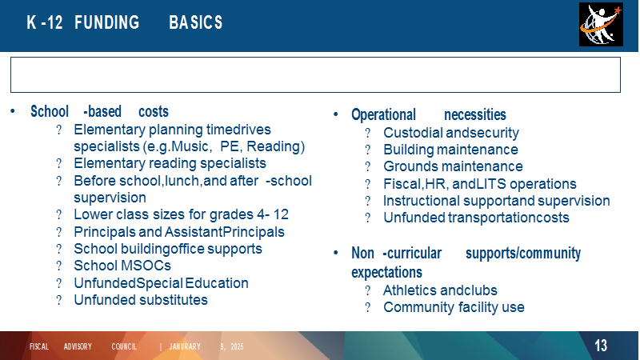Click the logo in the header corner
click(x=601, y=25)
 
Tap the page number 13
click(x=601, y=346)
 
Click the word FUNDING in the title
click(x=107, y=22)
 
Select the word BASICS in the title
click(x=196, y=22)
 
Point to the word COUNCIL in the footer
click(x=124, y=346)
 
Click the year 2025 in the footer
click(x=237, y=346)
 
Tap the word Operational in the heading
click(x=384, y=114)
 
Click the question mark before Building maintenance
click(x=368, y=150)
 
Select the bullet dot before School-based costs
click(x=13, y=111)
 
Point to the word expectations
click(x=387, y=272)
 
